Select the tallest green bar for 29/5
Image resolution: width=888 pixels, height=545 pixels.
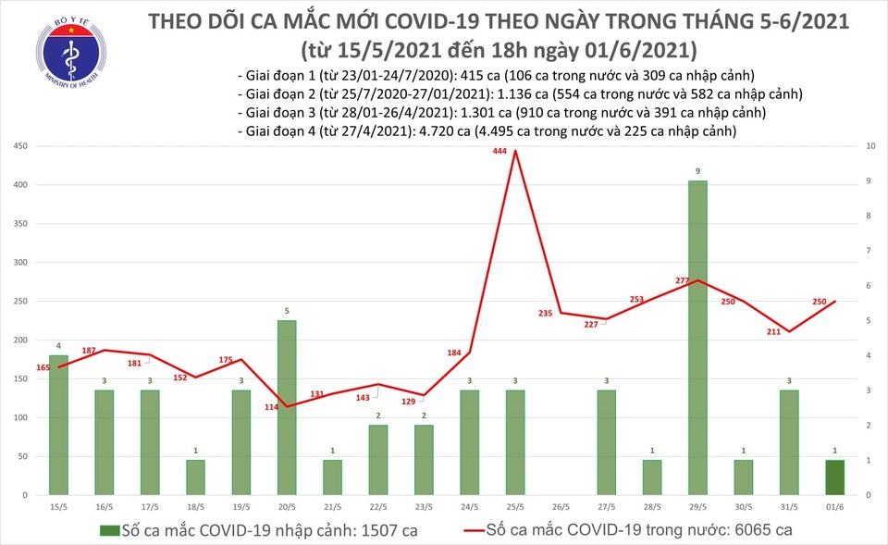(x=697, y=338)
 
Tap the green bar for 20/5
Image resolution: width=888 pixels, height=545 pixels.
(x=287, y=407)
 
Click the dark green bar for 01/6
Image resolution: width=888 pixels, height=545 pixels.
(x=834, y=477)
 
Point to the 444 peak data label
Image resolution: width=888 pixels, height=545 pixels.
(x=500, y=151)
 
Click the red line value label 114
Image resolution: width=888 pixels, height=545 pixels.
(x=272, y=408)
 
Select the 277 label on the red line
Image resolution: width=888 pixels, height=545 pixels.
(x=685, y=280)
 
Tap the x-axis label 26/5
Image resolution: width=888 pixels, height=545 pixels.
(x=561, y=507)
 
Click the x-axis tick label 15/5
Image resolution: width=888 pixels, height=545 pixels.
(x=58, y=507)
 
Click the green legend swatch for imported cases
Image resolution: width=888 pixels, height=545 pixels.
(x=107, y=531)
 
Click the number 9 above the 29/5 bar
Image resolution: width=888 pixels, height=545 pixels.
(x=697, y=171)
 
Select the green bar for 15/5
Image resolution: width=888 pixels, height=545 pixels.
(x=58, y=425)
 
